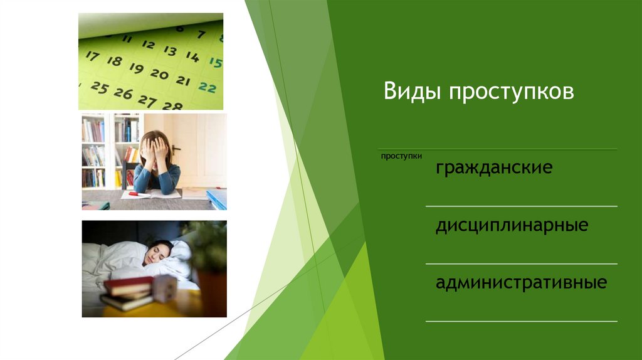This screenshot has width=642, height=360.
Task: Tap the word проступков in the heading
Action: [511, 93]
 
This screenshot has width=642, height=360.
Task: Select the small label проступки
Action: [401, 156]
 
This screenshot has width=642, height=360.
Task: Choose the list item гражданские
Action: [494, 169]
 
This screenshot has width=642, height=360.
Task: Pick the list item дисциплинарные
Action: [512, 226]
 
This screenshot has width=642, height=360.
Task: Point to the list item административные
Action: [521, 283]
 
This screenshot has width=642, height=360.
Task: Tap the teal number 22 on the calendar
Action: [208, 87]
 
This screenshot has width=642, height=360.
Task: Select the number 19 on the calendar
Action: [136, 68]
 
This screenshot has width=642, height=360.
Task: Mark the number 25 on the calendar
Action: [99, 87]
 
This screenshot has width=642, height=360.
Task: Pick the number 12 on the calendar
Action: [148, 45]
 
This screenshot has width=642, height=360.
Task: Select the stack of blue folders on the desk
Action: [217, 199]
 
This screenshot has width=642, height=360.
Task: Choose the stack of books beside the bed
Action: [127, 293]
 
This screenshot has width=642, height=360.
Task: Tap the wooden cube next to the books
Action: [164, 289]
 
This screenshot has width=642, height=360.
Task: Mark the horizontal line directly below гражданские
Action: [521, 206]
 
